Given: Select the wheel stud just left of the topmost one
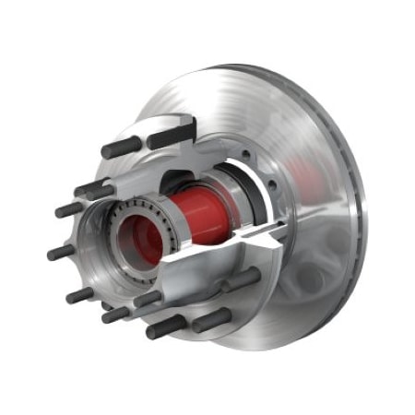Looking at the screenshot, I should tap(120, 148).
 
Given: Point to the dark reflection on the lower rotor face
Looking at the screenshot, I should tap(295, 295).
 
